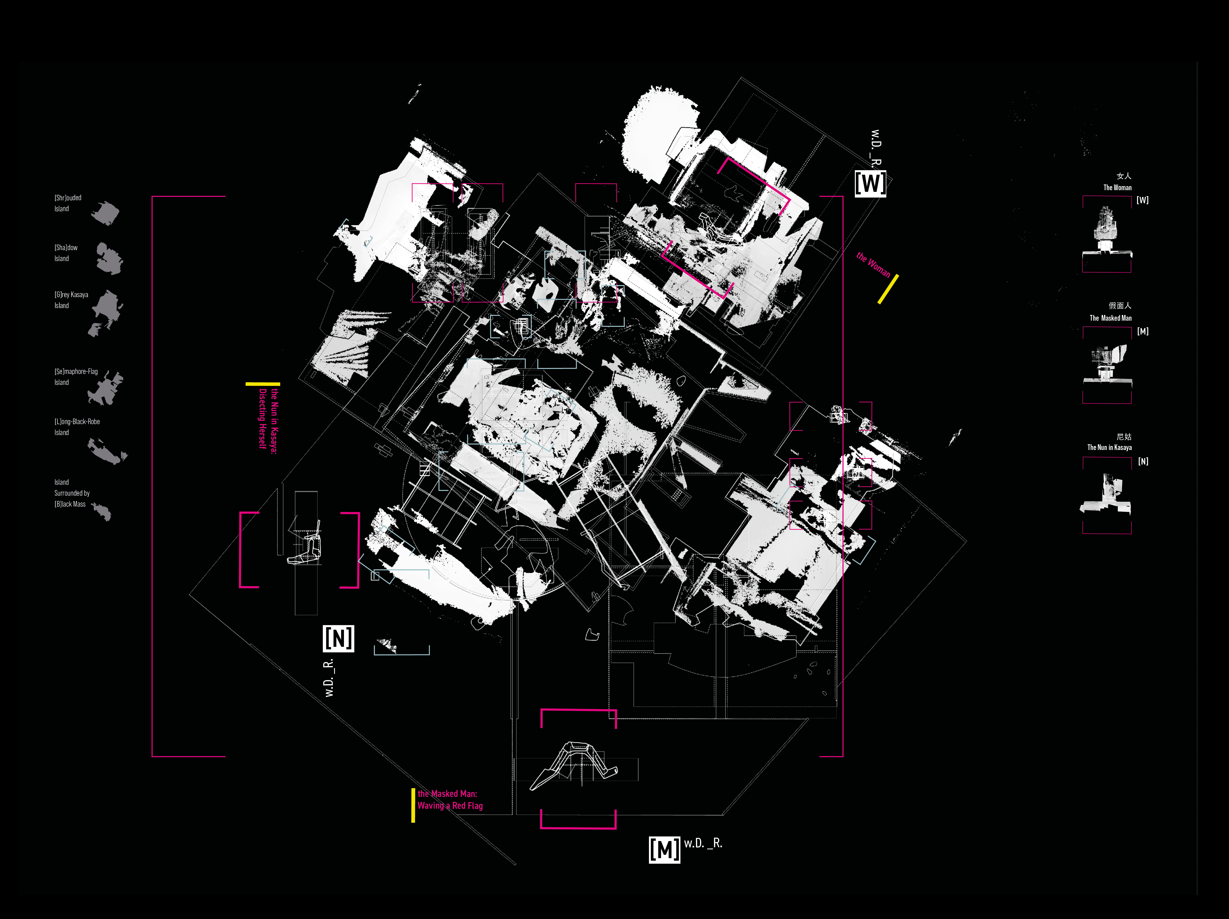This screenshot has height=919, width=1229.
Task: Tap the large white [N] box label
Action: pos(338,638)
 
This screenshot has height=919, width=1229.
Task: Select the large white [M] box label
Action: pos(664,849)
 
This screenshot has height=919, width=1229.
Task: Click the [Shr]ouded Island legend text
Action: pos(68,203)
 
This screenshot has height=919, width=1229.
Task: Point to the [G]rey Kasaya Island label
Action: pos(71,300)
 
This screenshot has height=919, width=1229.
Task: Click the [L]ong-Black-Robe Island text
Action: pos(77,426)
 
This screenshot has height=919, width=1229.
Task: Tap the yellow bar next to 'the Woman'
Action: pos(888,289)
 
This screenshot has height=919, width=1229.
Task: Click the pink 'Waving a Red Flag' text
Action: pos(450,806)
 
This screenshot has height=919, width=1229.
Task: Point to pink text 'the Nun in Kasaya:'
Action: pos(274,421)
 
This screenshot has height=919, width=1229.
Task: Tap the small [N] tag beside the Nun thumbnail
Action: pos(1143,461)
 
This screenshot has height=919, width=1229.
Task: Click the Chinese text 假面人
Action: pos(1119,305)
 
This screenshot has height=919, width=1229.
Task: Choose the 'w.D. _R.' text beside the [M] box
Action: pos(703,843)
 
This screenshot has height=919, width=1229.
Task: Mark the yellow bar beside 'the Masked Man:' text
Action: pos(413,805)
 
